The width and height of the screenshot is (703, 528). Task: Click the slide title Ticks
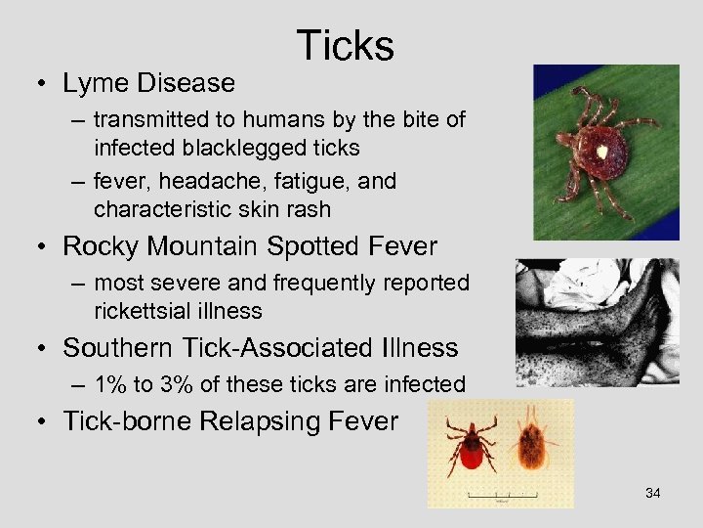click(x=345, y=46)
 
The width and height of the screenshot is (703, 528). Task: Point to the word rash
click(x=307, y=208)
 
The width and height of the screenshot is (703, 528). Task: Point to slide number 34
click(x=653, y=493)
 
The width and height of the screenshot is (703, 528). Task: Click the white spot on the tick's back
click(x=602, y=152)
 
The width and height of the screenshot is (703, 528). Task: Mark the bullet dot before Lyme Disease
click(x=45, y=85)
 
